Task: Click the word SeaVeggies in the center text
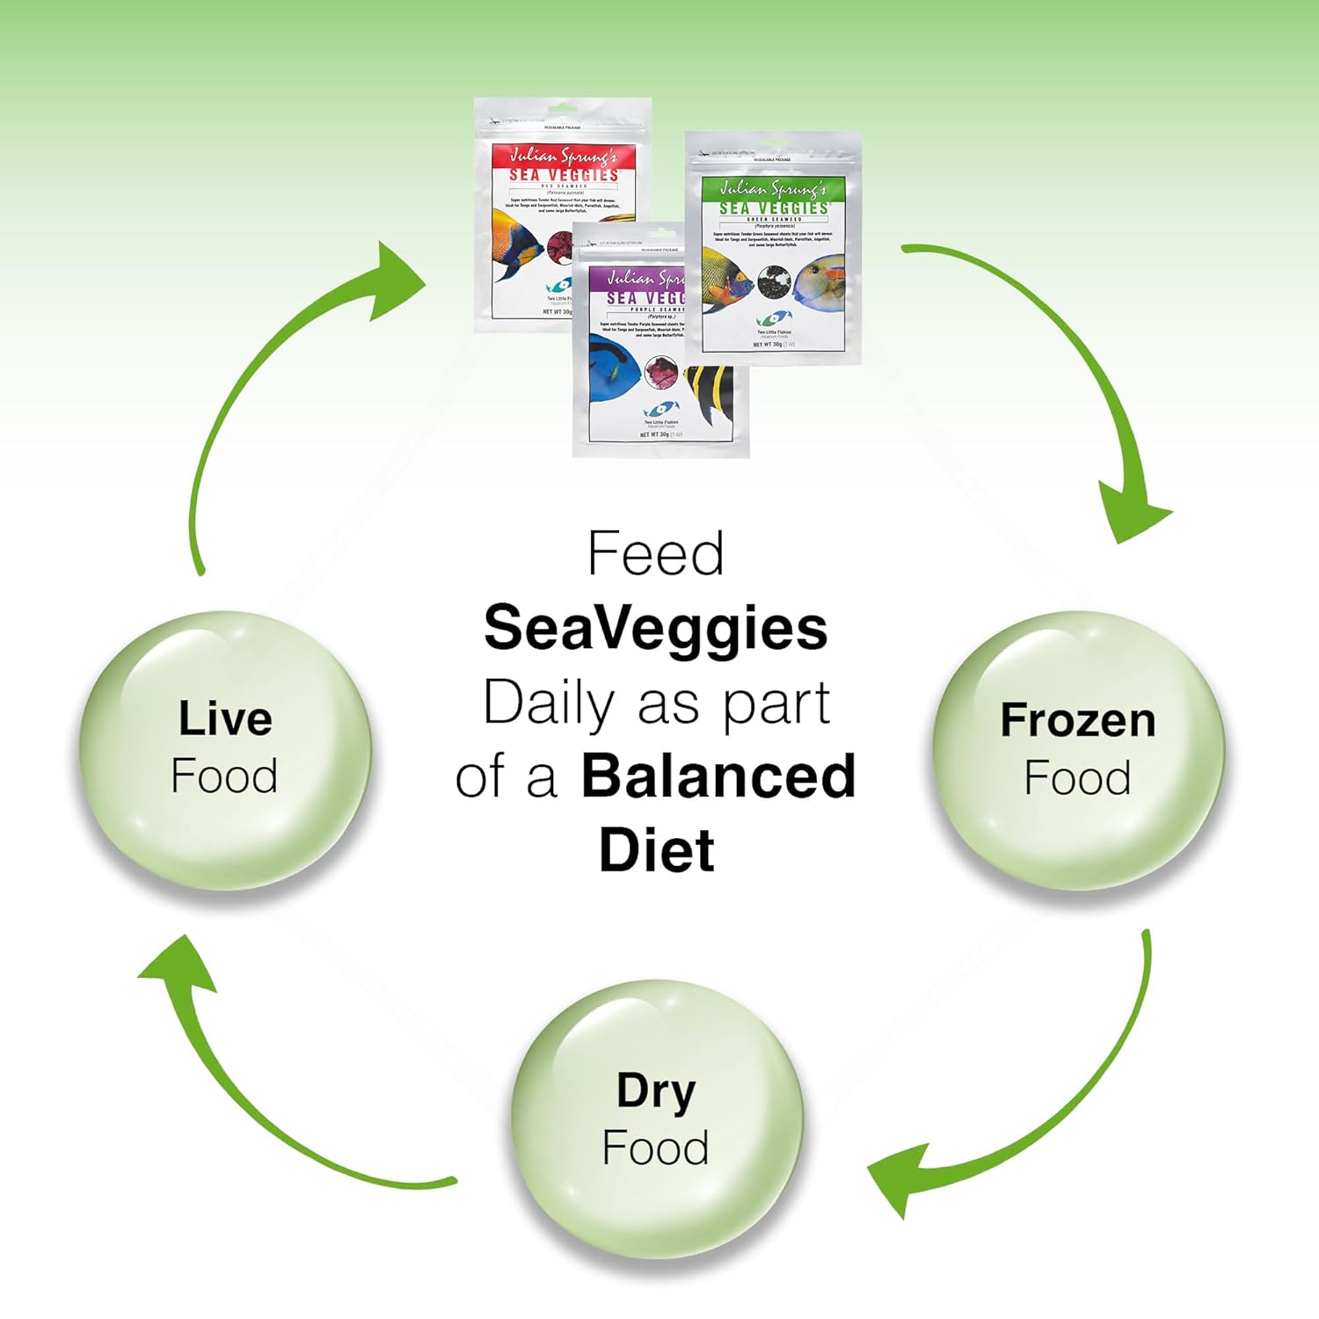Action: click(x=655, y=630)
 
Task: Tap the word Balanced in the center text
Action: click(x=718, y=776)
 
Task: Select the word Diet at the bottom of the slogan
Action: click(x=656, y=850)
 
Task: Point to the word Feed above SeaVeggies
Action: click(x=655, y=555)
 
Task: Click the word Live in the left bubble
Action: click(x=225, y=718)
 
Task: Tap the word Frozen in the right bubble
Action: click(x=1078, y=720)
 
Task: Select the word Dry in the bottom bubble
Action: click(x=656, y=1091)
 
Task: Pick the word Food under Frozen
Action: click(x=1078, y=778)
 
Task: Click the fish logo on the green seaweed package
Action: click(x=774, y=318)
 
